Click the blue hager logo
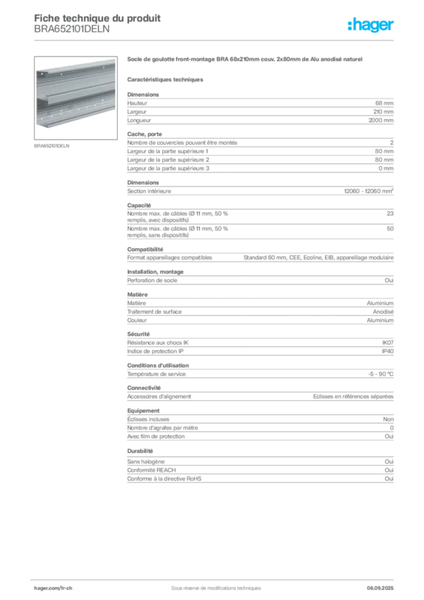click(372, 26)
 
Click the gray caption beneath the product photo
click(52, 145)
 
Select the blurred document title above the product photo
click(97, 23)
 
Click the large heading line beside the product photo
click(246, 60)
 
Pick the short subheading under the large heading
click(166, 79)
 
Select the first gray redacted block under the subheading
click(259, 109)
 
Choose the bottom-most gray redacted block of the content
click(259, 475)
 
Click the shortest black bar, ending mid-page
click(251, 397)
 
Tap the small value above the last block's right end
click(391, 461)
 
